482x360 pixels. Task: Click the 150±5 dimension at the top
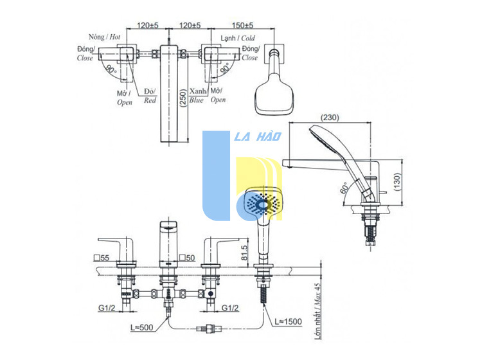coord(242,25)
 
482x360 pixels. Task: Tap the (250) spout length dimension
coord(183,98)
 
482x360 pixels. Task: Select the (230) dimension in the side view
coord(330,118)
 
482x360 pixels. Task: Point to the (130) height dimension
coord(397,182)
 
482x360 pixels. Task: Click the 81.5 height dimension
coord(245,253)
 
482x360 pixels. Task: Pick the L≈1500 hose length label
coord(288,321)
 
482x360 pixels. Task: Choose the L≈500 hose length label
coord(142,327)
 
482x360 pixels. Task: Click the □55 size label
coord(102,258)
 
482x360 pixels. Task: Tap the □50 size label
coord(187,258)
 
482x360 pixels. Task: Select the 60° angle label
coord(344,188)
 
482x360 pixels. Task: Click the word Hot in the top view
coord(115,37)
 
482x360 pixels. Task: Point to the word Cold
coord(248,38)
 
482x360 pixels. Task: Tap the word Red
coord(150,100)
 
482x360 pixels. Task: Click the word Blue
coord(197,100)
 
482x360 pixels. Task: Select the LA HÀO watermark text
coord(258,136)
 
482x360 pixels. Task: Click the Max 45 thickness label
coord(317,294)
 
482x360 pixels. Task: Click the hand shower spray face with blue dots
coord(263,204)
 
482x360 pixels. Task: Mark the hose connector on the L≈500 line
coord(209,328)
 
